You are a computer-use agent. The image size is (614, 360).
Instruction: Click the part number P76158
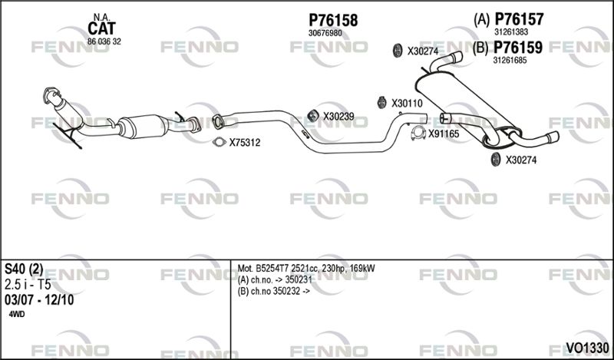click(x=333, y=20)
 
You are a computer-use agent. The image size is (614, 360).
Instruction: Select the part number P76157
click(x=519, y=18)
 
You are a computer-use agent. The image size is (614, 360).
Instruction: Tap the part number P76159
click(x=517, y=48)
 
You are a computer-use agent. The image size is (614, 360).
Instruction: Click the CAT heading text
click(x=101, y=28)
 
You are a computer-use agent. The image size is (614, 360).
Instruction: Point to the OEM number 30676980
click(x=325, y=33)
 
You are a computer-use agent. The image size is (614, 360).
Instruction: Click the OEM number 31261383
click(x=511, y=31)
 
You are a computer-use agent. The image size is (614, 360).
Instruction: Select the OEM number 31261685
click(x=510, y=61)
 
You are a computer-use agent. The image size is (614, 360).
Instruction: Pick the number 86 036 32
click(x=104, y=41)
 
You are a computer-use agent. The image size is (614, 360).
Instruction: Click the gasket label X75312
click(x=245, y=143)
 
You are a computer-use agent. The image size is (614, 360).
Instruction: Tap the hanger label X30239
click(x=338, y=117)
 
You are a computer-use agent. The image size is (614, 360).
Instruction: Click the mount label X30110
click(x=408, y=104)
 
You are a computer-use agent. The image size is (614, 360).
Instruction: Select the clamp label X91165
click(x=444, y=134)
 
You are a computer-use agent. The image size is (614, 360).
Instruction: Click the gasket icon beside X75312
click(x=220, y=142)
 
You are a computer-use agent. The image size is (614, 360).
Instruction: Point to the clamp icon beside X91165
click(x=418, y=134)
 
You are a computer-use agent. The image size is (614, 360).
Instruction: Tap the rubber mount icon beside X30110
click(x=381, y=102)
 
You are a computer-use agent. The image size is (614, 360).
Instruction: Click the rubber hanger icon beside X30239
click(x=312, y=116)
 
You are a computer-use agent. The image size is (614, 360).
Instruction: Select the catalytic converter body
click(x=143, y=126)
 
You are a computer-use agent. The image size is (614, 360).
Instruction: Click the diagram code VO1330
click(x=587, y=348)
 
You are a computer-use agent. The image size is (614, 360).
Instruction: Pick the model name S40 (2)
click(x=24, y=269)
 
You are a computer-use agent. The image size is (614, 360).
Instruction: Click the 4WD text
click(x=16, y=314)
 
